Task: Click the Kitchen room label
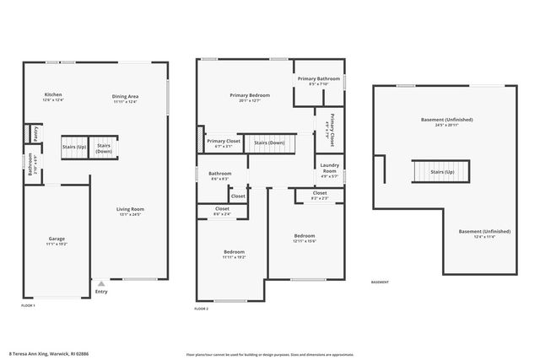tap(52, 94)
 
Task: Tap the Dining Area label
tap(125, 96)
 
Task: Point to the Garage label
tap(56, 239)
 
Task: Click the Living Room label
tap(130, 209)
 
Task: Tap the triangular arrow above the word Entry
tap(101, 284)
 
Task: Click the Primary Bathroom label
tap(318, 78)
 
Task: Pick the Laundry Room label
tap(330, 169)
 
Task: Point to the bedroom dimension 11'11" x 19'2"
tap(234, 257)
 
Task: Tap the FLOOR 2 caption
tap(201, 309)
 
